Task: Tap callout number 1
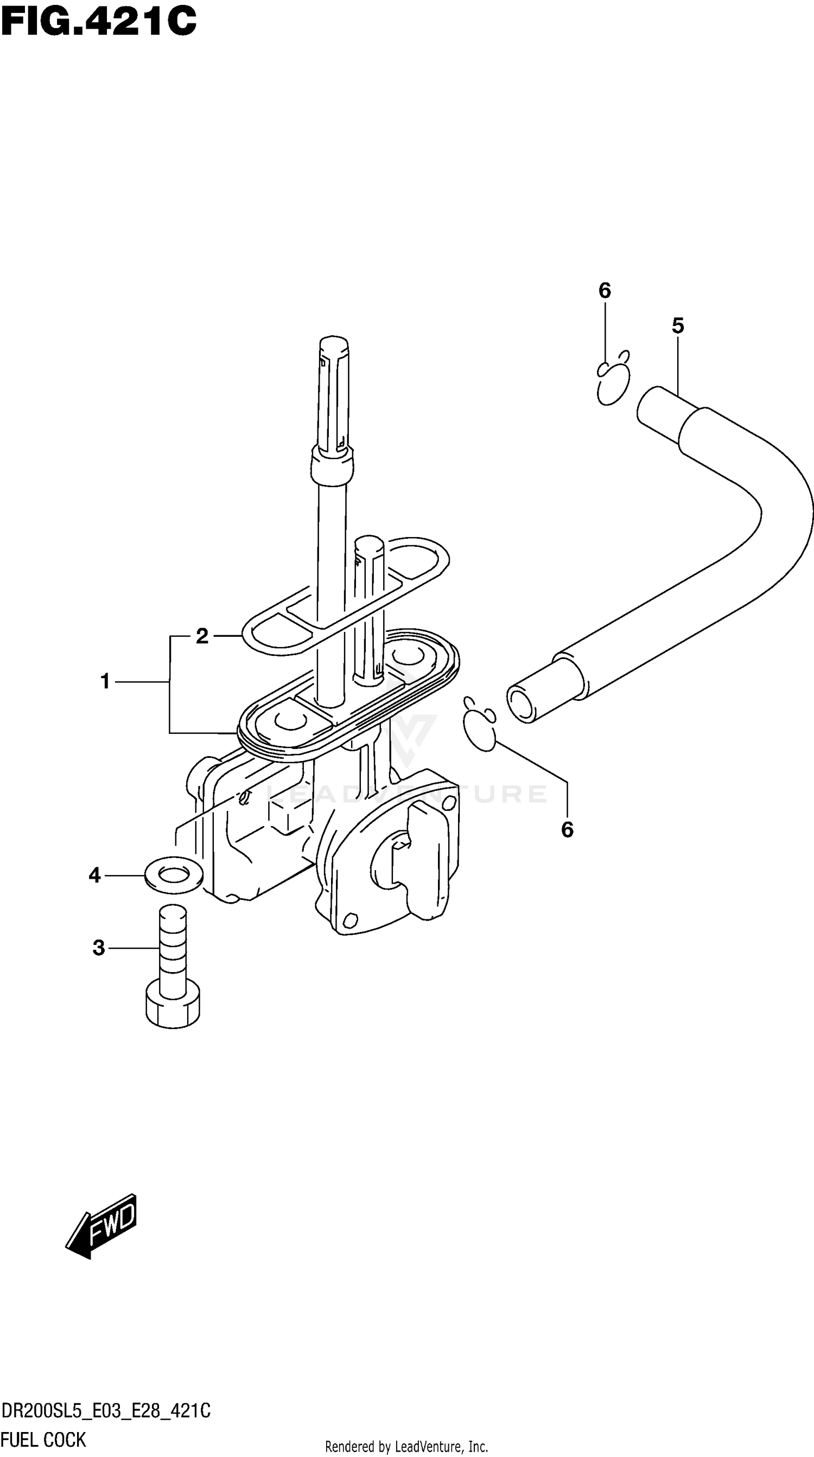point(105,681)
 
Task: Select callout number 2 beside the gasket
point(202,636)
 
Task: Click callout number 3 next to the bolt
point(99,948)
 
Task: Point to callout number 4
point(94,876)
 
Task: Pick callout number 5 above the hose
point(678,326)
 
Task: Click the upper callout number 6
point(605,291)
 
